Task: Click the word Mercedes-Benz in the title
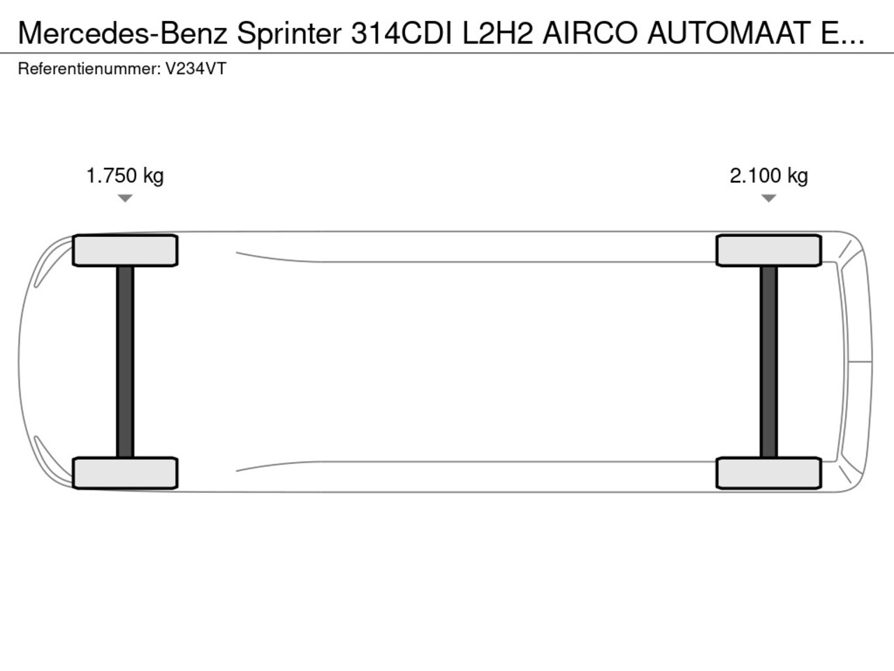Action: point(123,33)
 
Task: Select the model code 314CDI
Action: point(402,33)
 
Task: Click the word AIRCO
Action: point(590,33)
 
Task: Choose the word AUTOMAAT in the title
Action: point(728,33)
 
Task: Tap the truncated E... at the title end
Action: point(841,33)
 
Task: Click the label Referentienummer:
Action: point(89,69)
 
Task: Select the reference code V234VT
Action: point(196,69)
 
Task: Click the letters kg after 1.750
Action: point(153,176)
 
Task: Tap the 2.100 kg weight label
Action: point(768,175)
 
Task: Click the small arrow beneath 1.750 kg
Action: point(125,199)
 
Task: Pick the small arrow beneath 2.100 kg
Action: point(768,199)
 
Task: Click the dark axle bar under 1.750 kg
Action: point(125,361)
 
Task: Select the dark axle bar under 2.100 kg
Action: point(768,361)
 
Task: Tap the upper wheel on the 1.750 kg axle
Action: point(125,250)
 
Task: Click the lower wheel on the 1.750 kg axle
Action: point(125,472)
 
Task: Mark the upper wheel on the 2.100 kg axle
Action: point(768,250)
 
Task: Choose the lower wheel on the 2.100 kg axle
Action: point(768,472)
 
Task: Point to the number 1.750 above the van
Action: point(112,175)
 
